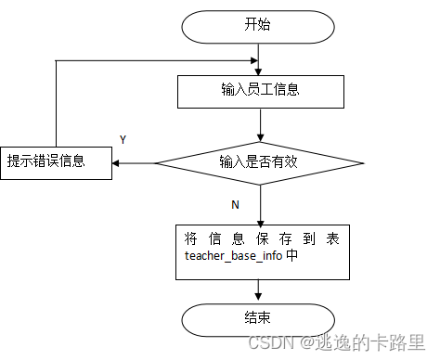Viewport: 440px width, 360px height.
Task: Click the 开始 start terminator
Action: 258,26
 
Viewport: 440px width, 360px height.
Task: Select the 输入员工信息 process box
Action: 259,91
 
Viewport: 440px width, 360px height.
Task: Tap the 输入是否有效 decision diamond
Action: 259,162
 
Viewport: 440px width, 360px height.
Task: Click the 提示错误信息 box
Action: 56,162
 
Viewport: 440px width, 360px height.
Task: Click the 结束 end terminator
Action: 258,318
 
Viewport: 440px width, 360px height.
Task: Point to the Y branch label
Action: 123,139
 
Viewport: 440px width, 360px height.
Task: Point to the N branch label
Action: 235,202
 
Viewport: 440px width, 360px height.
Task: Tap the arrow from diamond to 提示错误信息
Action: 134,163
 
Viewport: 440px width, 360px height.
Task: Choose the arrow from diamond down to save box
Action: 260,204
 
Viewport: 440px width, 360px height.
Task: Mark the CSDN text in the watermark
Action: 269,342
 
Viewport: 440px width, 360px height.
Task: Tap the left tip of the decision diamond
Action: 156,163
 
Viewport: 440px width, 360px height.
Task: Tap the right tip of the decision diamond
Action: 363,163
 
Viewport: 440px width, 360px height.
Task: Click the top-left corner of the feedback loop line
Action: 56,61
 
